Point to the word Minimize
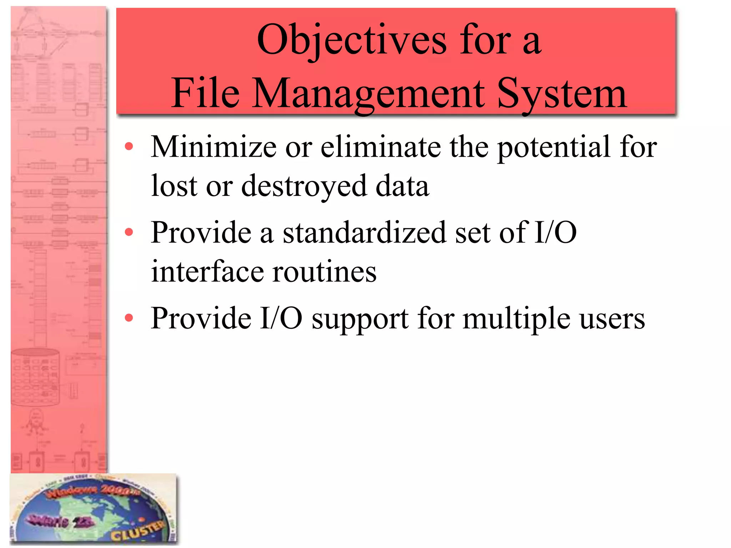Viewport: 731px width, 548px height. pos(214,147)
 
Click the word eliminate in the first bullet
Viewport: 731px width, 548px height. pos(380,147)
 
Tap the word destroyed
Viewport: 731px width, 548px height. pos(304,186)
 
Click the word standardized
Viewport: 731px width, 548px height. pos(364,233)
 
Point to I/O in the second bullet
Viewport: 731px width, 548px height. pos(555,233)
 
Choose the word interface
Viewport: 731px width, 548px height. pos(207,272)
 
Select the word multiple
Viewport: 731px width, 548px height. pos(516,319)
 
